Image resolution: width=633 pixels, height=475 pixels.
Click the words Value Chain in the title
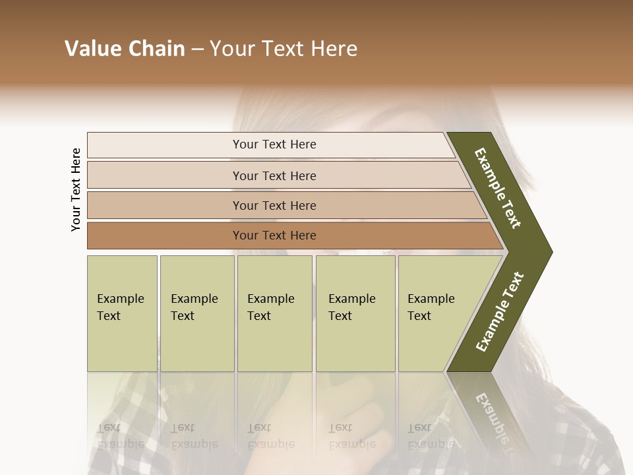point(125,49)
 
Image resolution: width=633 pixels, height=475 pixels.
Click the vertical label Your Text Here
point(76,190)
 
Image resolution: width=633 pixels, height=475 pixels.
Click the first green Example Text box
point(122,313)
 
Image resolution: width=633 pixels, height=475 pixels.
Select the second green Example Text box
point(196,313)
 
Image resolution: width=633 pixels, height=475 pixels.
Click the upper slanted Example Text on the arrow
point(498,188)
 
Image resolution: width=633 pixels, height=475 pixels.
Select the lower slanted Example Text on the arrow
point(500,311)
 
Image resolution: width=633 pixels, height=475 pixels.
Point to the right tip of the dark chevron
point(550,252)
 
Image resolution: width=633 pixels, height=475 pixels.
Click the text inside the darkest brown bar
point(274,236)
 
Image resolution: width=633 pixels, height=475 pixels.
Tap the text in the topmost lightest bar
point(274,144)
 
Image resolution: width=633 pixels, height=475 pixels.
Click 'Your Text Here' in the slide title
point(284,49)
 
